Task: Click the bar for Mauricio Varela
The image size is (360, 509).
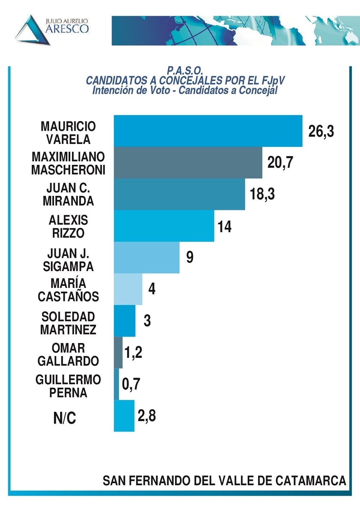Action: (208, 131)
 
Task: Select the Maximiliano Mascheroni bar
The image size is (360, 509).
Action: (188, 163)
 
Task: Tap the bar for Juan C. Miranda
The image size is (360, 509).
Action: (179, 194)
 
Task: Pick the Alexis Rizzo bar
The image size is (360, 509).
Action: (164, 226)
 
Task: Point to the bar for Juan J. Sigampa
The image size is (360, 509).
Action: (147, 258)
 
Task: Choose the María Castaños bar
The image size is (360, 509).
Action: (128, 289)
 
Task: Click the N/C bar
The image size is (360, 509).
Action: (124, 416)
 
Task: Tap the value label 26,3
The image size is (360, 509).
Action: (321, 131)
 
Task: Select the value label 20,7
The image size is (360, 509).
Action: (280, 163)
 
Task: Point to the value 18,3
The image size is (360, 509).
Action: (262, 194)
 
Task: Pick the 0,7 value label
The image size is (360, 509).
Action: (131, 384)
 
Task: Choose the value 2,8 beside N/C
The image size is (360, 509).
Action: (147, 416)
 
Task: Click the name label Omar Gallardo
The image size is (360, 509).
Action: (68, 355)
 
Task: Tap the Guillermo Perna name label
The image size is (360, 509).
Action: (68, 386)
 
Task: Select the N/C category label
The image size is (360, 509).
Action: (65, 418)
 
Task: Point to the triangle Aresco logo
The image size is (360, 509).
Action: (32, 31)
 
